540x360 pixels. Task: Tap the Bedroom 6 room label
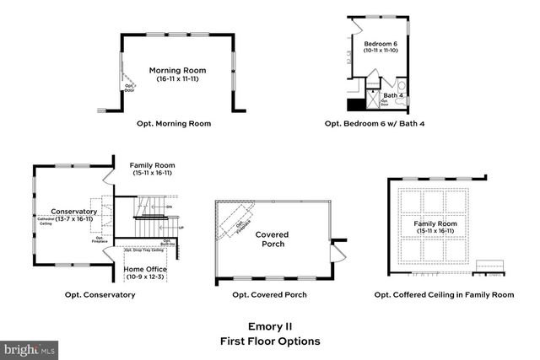click(x=380, y=43)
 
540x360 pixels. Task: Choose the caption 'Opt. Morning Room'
click(x=174, y=123)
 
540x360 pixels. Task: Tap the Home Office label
click(x=146, y=269)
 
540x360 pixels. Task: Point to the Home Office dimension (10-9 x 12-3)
click(x=146, y=277)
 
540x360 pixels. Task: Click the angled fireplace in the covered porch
click(x=237, y=223)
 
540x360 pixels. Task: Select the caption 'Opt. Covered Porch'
click(x=269, y=295)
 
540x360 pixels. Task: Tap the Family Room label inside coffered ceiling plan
click(x=433, y=223)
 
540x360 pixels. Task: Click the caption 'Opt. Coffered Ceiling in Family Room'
click(x=444, y=295)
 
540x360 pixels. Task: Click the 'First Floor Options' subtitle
click(x=270, y=341)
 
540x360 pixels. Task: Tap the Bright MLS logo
click(x=30, y=348)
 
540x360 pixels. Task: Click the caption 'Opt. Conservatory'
click(x=100, y=295)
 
